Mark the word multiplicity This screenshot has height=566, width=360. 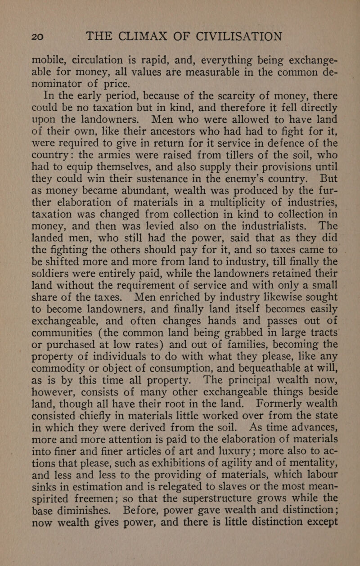tap(223, 220)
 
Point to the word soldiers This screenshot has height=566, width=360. tap(55, 297)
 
